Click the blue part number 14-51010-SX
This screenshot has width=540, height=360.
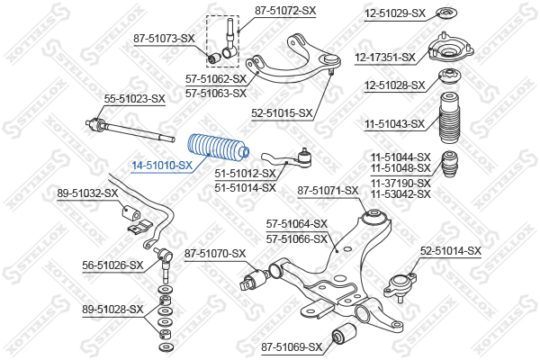[162, 166]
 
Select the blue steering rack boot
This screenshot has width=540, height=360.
[219, 148]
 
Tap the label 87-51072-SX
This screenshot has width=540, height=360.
[285, 11]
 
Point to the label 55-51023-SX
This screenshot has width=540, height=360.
[135, 99]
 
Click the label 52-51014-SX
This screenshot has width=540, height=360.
[451, 251]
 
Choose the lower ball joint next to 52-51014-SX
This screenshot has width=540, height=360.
[400, 285]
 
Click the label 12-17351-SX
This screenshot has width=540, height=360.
[385, 58]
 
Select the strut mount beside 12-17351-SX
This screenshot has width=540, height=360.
[451, 49]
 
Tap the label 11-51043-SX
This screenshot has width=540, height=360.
[395, 123]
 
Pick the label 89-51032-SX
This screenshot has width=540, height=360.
[87, 193]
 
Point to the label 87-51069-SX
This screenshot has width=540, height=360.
[292, 346]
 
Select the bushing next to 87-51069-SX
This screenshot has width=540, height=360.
[344, 333]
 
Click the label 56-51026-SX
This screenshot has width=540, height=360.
[112, 265]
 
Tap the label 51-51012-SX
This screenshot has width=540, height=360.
[245, 174]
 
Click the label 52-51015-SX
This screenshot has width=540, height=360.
[282, 113]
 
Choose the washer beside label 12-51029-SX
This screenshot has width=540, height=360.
[446, 13]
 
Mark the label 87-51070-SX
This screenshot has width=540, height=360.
[215, 254]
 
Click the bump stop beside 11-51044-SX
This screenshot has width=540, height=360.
[450, 165]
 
